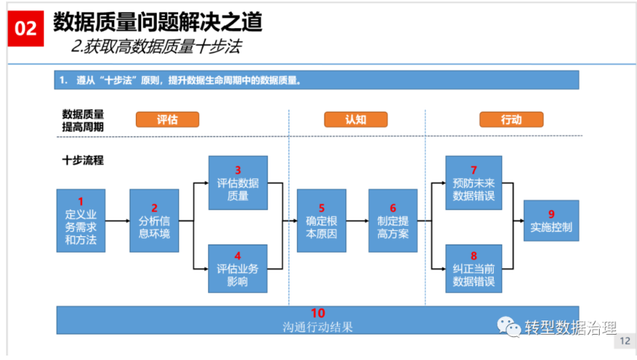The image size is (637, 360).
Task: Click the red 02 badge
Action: click(25, 28)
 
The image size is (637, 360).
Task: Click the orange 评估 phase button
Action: click(167, 119)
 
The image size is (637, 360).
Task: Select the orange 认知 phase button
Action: click(356, 119)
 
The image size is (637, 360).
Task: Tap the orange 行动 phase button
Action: click(511, 119)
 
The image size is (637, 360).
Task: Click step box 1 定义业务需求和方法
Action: click(81, 221)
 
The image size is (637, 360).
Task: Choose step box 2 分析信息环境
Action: click(154, 221)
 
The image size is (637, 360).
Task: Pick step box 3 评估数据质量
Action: click(238, 183)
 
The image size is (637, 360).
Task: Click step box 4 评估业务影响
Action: click(238, 268)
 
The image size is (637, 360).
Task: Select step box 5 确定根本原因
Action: click(321, 221)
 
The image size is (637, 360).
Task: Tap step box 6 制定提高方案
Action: click(393, 221)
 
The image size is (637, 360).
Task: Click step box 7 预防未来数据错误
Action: click(474, 183)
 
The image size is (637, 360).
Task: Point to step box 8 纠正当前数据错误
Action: click(474, 268)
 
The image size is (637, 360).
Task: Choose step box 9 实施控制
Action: click(551, 221)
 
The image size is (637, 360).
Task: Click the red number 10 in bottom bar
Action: click(318, 313)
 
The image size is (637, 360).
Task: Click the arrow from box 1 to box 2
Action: click(117, 221)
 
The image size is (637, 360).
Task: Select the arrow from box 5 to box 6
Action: click(357, 221)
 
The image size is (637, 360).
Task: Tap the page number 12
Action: click(625, 341)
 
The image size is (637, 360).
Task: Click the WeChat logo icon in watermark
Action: click(509, 326)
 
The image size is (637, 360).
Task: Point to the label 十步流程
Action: click(83, 160)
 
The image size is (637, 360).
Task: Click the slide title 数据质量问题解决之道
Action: click(157, 22)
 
